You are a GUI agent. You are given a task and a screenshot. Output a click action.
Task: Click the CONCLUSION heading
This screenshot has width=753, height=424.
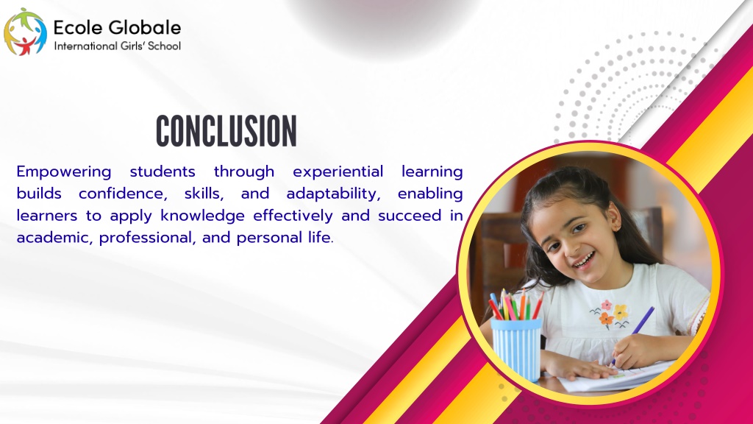(x=226, y=131)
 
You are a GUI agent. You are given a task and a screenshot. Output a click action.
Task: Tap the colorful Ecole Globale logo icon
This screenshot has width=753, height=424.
(x=25, y=32)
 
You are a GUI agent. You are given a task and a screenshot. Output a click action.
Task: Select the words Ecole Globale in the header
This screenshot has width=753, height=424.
(x=117, y=27)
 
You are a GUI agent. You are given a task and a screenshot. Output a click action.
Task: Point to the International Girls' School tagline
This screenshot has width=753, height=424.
(x=117, y=46)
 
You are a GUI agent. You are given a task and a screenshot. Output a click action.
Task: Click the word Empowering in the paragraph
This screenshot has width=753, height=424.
(x=64, y=172)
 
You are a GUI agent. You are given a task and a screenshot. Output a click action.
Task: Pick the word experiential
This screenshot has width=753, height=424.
(x=338, y=172)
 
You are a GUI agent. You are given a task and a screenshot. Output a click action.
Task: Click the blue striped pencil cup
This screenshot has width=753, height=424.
(x=516, y=349)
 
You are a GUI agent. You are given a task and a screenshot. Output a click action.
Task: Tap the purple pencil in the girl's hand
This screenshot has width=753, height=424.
(x=633, y=333)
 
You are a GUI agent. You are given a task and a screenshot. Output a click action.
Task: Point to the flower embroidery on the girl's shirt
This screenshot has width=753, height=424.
(x=609, y=314)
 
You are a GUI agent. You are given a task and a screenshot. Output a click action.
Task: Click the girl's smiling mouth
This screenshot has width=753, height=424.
(x=584, y=261)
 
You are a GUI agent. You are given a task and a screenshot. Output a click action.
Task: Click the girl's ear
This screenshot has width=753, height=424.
(x=613, y=216)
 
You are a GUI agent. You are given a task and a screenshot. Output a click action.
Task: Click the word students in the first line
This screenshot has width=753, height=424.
(x=163, y=172)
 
